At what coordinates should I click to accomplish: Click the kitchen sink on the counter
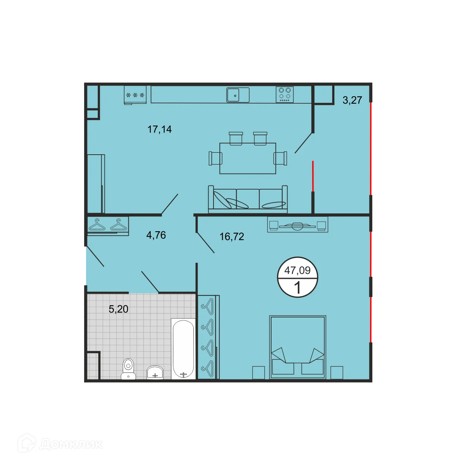click(x=238, y=95)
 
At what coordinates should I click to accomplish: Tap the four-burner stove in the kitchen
click(x=285, y=94)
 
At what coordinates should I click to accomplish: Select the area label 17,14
click(x=160, y=129)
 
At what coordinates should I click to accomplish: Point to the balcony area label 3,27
click(x=352, y=100)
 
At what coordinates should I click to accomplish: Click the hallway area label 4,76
click(x=156, y=235)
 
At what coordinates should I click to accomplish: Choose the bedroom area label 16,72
click(x=232, y=236)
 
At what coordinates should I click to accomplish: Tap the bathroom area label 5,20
click(x=118, y=309)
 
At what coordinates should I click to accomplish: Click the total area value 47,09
click(x=297, y=270)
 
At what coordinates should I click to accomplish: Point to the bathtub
click(x=183, y=349)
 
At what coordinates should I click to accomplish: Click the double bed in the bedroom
click(x=298, y=347)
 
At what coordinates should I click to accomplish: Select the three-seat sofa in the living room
click(x=248, y=200)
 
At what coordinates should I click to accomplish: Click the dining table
click(x=248, y=158)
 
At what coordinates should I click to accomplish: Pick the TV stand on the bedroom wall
click(x=298, y=225)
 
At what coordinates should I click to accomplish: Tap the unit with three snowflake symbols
click(x=135, y=95)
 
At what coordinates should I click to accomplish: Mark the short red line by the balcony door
click(x=313, y=176)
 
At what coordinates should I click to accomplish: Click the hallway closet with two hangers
click(x=108, y=225)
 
